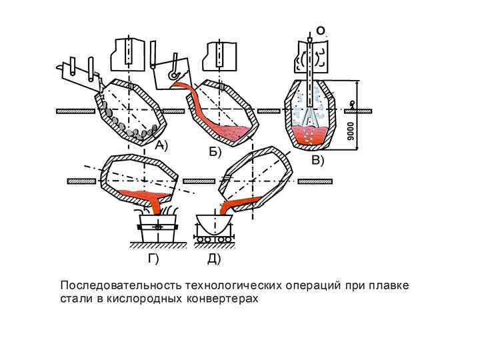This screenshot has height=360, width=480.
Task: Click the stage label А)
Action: point(161,144)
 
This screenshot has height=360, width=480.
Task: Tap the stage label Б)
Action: point(214,152)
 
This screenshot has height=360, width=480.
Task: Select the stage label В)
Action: point(317,160)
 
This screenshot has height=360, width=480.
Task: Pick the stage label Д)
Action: point(213,259)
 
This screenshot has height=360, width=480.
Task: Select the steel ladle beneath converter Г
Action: point(158,227)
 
